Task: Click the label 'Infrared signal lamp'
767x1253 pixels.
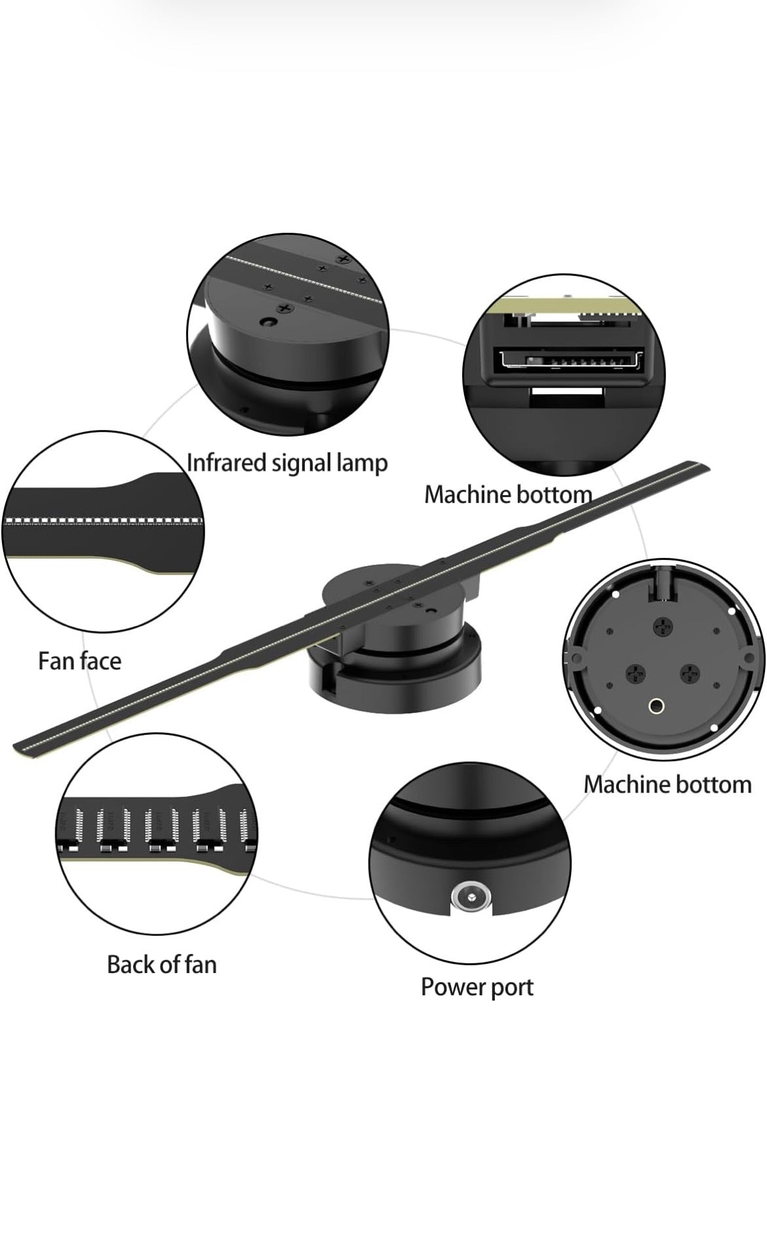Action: (287, 463)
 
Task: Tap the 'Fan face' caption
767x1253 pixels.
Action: (79, 660)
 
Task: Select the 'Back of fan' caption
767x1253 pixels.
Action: (161, 965)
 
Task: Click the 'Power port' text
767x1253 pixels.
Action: (477, 987)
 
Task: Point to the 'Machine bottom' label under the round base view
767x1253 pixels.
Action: (667, 784)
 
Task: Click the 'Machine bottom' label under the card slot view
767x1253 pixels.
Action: (508, 494)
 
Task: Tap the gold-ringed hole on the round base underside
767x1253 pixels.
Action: (656, 706)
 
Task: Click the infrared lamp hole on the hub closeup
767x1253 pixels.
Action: (265, 323)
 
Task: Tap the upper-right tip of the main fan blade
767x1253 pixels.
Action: (708, 465)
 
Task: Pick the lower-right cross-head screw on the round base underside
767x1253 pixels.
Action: (690, 673)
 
